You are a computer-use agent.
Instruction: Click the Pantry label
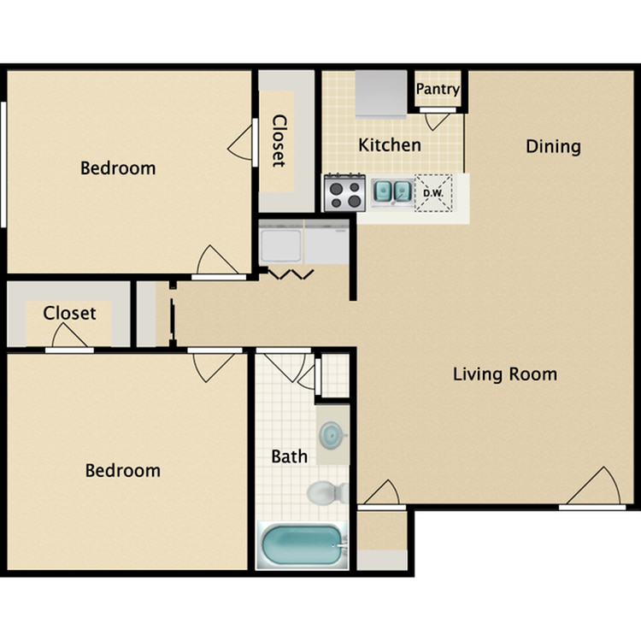(x=438, y=90)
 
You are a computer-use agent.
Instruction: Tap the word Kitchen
(x=390, y=145)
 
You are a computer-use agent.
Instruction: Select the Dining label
(x=553, y=147)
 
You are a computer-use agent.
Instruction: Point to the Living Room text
(x=505, y=374)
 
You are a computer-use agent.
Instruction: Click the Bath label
(x=290, y=456)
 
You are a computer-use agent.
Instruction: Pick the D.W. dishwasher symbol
(x=433, y=193)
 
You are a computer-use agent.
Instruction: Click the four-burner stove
(x=344, y=192)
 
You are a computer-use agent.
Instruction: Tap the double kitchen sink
(x=392, y=191)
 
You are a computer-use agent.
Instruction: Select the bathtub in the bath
(x=302, y=546)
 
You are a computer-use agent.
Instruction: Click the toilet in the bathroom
(x=328, y=493)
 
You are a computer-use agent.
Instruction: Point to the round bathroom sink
(x=331, y=435)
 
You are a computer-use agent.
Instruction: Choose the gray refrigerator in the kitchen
(x=381, y=94)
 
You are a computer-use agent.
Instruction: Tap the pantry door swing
(x=438, y=121)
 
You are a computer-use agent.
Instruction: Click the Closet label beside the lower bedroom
(x=69, y=313)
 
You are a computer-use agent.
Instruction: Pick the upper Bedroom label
(x=118, y=168)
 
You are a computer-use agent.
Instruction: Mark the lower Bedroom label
(x=122, y=471)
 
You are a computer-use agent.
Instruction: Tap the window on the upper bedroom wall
(x=3, y=164)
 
